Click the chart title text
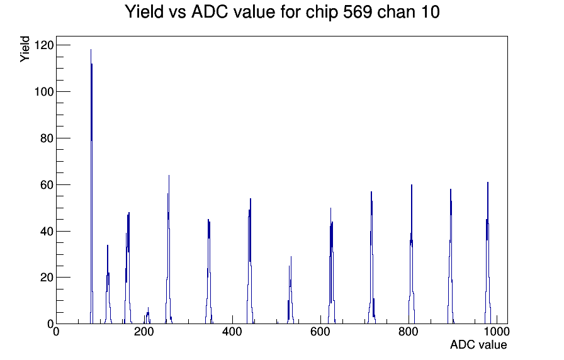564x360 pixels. point(282,12)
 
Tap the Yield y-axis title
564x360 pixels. point(25,49)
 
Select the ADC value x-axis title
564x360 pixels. point(478,344)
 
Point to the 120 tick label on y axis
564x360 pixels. point(43,45)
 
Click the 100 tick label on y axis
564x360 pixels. point(43,92)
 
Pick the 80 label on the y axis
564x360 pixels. point(47,138)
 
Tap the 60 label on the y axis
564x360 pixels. point(47,185)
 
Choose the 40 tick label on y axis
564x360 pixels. point(47,231)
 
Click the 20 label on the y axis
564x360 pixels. point(47,278)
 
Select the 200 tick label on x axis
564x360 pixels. point(144,331)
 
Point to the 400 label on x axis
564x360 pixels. point(232,331)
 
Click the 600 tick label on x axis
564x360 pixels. point(320,331)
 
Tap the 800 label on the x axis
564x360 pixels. point(409,331)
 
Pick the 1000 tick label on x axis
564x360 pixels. point(497,331)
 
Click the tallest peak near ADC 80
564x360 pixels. point(91,187)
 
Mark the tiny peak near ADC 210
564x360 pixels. point(147,317)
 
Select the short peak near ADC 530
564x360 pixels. point(290,291)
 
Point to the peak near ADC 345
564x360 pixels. point(208,273)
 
